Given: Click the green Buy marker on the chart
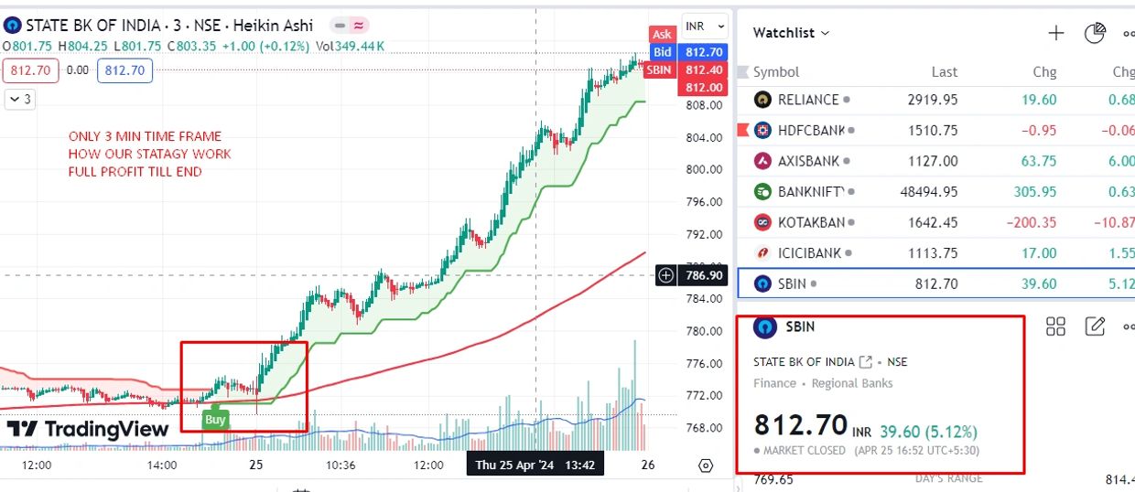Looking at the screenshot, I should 215,420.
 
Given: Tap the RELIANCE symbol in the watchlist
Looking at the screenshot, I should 807,100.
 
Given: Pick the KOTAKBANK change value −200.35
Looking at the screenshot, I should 1026,222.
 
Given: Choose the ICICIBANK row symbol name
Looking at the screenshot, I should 808,253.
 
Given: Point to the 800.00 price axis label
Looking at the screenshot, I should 704,169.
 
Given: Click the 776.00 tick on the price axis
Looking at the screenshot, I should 704,364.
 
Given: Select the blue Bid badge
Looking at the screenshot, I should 662,52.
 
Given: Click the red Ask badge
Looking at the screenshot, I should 662,35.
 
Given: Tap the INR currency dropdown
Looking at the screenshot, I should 704,27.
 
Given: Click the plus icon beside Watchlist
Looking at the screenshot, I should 1056,33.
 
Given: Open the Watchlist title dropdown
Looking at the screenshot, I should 791,33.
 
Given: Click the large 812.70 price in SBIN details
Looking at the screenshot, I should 801,425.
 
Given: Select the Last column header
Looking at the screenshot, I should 944,71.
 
